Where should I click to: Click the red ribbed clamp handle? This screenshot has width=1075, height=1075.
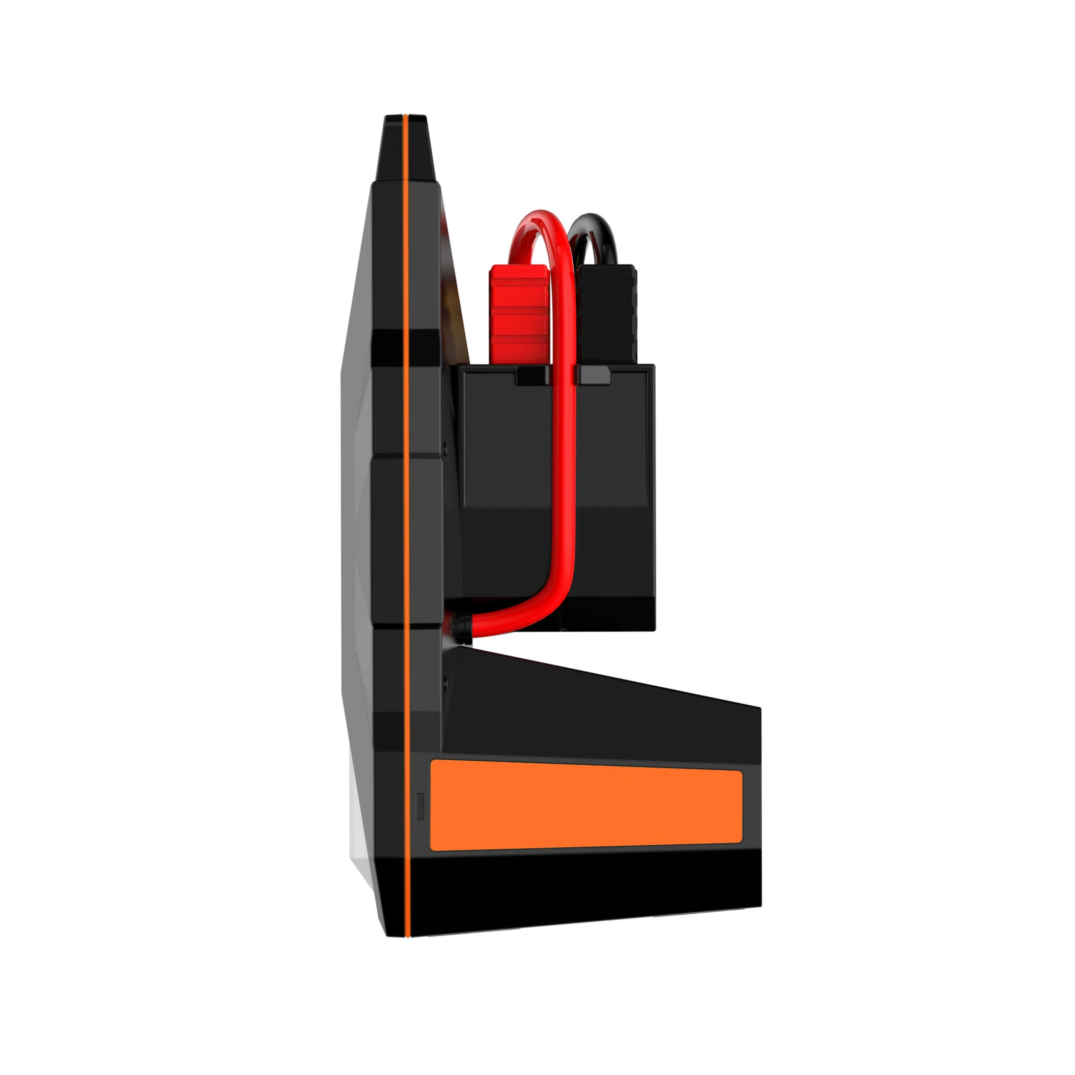coord(517,314)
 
